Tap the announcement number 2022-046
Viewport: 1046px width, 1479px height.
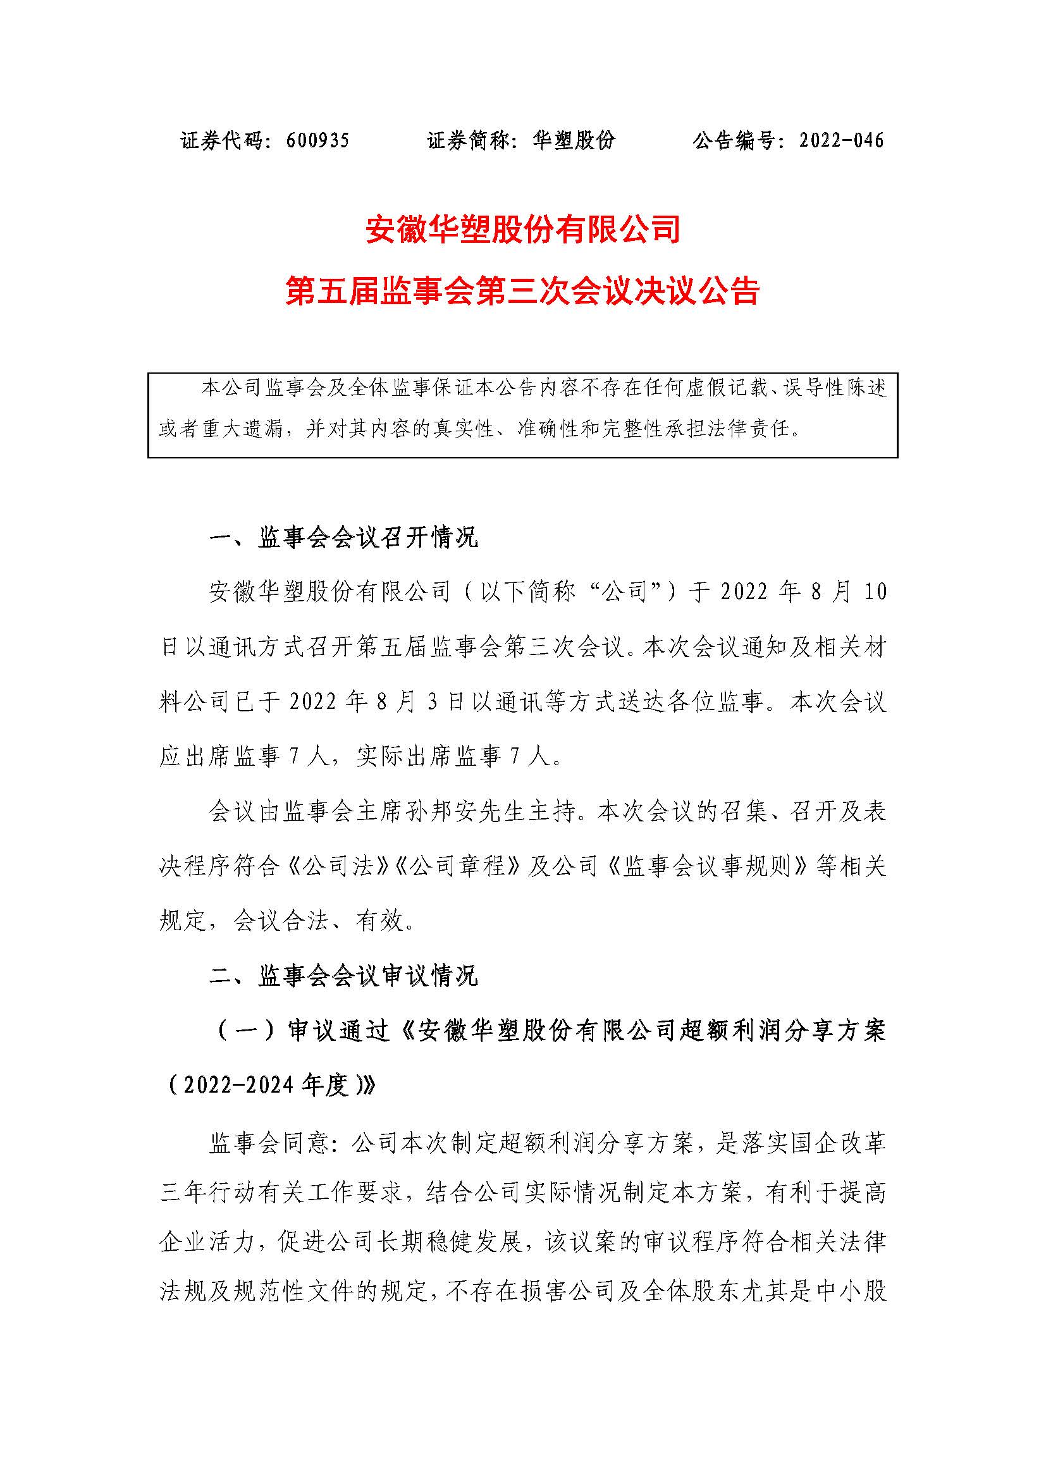click(x=841, y=140)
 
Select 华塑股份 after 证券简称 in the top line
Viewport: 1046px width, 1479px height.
click(x=574, y=140)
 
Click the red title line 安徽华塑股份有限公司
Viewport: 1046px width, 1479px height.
click(x=523, y=230)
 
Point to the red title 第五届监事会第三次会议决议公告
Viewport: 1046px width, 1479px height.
click(x=523, y=291)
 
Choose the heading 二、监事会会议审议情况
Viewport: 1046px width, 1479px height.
click(x=344, y=976)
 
